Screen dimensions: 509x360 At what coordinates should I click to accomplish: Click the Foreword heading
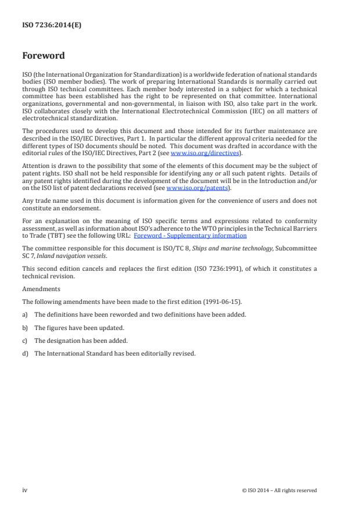(44, 56)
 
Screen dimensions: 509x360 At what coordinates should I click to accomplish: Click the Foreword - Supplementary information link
(190, 236)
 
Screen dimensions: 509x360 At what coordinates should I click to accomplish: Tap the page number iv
(24, 490)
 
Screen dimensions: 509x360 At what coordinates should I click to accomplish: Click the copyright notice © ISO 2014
(279, 490)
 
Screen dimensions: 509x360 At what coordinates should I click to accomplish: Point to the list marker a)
(25, 314)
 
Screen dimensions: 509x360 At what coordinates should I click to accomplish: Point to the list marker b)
(25, 327)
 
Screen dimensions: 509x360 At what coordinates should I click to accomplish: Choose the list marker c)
(25, 340)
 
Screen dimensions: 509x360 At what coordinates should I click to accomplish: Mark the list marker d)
(25, 353)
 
